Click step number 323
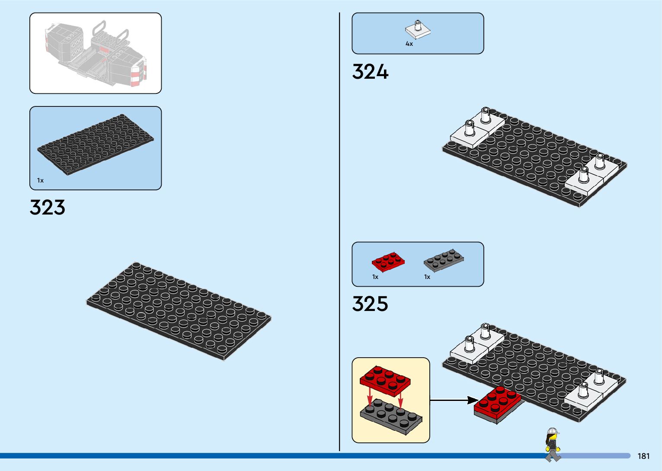tap(48, 207)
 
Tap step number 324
tap(370, 72)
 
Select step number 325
tap(370, 304)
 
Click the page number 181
tap(643, 456)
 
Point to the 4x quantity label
tap(409, 44)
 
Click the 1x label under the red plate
tap(375, 277)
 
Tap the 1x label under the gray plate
tap(427, 277)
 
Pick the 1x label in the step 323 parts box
tap(40, 180)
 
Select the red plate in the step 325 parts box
tap(388, 261)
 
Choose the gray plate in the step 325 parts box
tap(443, 260)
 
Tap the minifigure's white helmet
tap(552, 431)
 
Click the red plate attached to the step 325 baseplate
tap(498, 403)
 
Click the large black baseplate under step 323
tap(179, 311)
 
